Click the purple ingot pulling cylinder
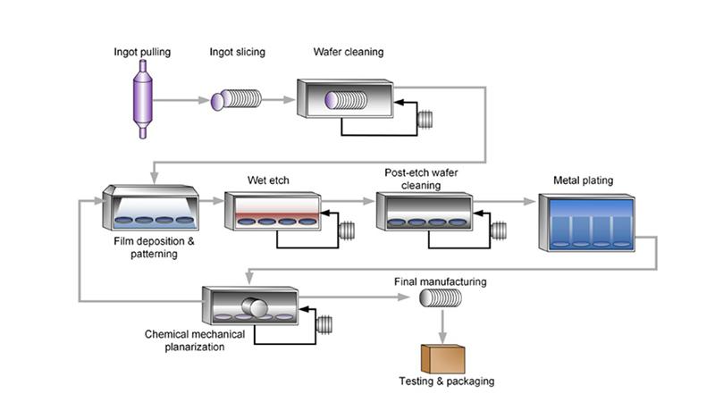(142, 99)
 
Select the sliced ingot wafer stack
(236, 100)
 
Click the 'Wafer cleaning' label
(348, 52)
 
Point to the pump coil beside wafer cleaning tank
(426, 118)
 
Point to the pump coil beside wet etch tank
(347, 230)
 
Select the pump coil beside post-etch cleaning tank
(498, 230)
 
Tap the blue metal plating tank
(586, 223)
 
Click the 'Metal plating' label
(584, 180)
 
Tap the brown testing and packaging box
(442, 359)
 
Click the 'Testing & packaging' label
(446, 381)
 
